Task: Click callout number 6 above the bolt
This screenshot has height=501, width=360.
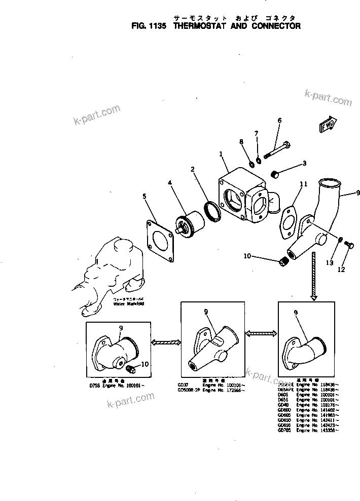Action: [x=279, y=121]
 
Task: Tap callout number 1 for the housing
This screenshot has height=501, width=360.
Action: [x=221, y=153]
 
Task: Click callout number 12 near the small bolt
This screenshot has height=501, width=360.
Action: [x=341, y=269]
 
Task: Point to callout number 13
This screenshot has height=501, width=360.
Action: [x=330, y=262]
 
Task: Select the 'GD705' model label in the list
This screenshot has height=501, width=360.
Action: [x=284, y=430]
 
